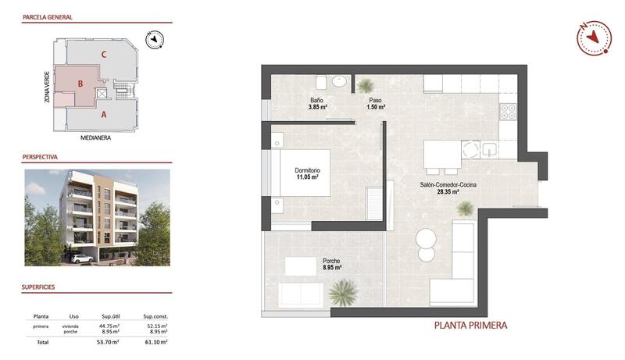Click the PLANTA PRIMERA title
(470, 326)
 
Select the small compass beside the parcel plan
(155, 37)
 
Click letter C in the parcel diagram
(104, 55)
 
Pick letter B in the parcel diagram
(79, 82)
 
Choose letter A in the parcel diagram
(104, 114)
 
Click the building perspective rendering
(97, 217)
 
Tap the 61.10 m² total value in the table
(156, 342)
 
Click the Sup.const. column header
(156, 316)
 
